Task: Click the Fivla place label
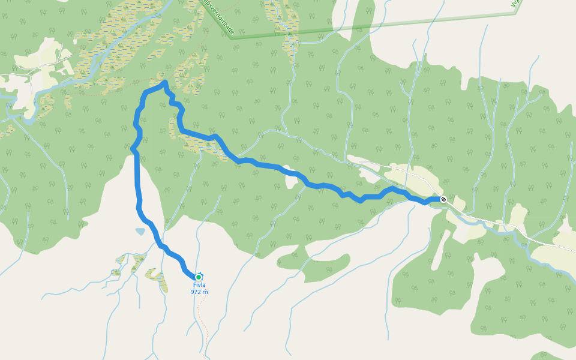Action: pos(199,285)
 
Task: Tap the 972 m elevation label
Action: pos(199,292)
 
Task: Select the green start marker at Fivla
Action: pos(199,277)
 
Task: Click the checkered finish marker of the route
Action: pos(443,199)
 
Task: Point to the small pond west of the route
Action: pos(140,231)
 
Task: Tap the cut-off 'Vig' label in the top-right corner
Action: pos(514,4)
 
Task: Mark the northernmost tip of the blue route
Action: pos(164,82)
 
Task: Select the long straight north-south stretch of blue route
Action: pos(137,180)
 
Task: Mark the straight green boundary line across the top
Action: pos(372,26)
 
